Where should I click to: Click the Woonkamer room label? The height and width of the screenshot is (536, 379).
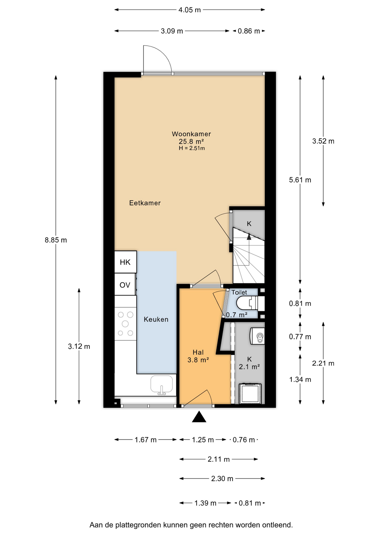click(x=191, y=134)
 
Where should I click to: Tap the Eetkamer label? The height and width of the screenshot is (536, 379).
click(x=145, y=203)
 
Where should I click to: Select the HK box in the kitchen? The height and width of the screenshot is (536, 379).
click(x=125, y=262)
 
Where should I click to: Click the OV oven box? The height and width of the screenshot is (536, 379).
click(x=125, y=284)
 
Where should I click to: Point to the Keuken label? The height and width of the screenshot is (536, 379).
click(x=156, y=319)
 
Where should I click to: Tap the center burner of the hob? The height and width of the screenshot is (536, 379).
click(x=125, y=324)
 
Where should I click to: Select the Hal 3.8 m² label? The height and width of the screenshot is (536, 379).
click(x=198, y=356)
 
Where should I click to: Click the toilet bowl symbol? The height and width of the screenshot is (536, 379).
click(x=247, y=303)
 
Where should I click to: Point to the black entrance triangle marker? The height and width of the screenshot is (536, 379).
click(x=199, y=417)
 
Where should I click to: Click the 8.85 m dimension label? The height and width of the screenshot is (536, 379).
click(x=56, y=240)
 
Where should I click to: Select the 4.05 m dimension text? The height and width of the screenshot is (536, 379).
click(x=189, y=10)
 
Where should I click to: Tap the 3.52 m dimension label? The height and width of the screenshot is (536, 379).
click(x=323, y=141)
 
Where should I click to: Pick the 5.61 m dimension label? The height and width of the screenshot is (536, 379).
click(x=300, y=180)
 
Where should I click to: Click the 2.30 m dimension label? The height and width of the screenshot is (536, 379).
click(x=222, y=479)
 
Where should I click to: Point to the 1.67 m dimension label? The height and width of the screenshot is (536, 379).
click(x=146, y=440)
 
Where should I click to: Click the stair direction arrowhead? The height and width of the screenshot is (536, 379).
click(x=249, y=237)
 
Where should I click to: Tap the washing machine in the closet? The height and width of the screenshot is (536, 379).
click(x=250, y=393)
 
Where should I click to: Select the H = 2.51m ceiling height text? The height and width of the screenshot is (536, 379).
click(x=192, y=148)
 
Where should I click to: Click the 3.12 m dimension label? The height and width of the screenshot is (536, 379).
click(x=79, y=346)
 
